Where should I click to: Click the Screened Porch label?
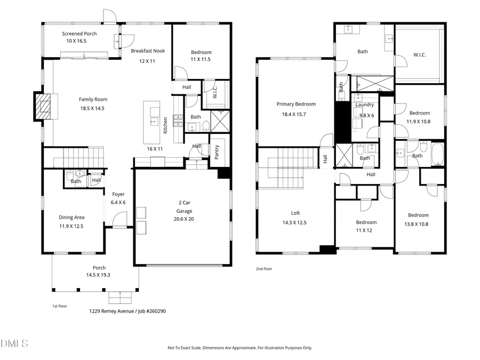point(79,34)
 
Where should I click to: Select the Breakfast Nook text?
point(148,51)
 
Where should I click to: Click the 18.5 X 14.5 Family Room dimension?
point(92,108)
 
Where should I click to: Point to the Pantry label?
point(217,153)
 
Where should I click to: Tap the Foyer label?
point(118,194)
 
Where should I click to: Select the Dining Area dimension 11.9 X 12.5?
point(71,226)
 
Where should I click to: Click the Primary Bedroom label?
point(295,105)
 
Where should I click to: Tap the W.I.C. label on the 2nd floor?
point(420,55)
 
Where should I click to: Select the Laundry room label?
point(365,106)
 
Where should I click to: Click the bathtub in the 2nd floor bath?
point(437,156)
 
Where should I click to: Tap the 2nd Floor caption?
point(264,269)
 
